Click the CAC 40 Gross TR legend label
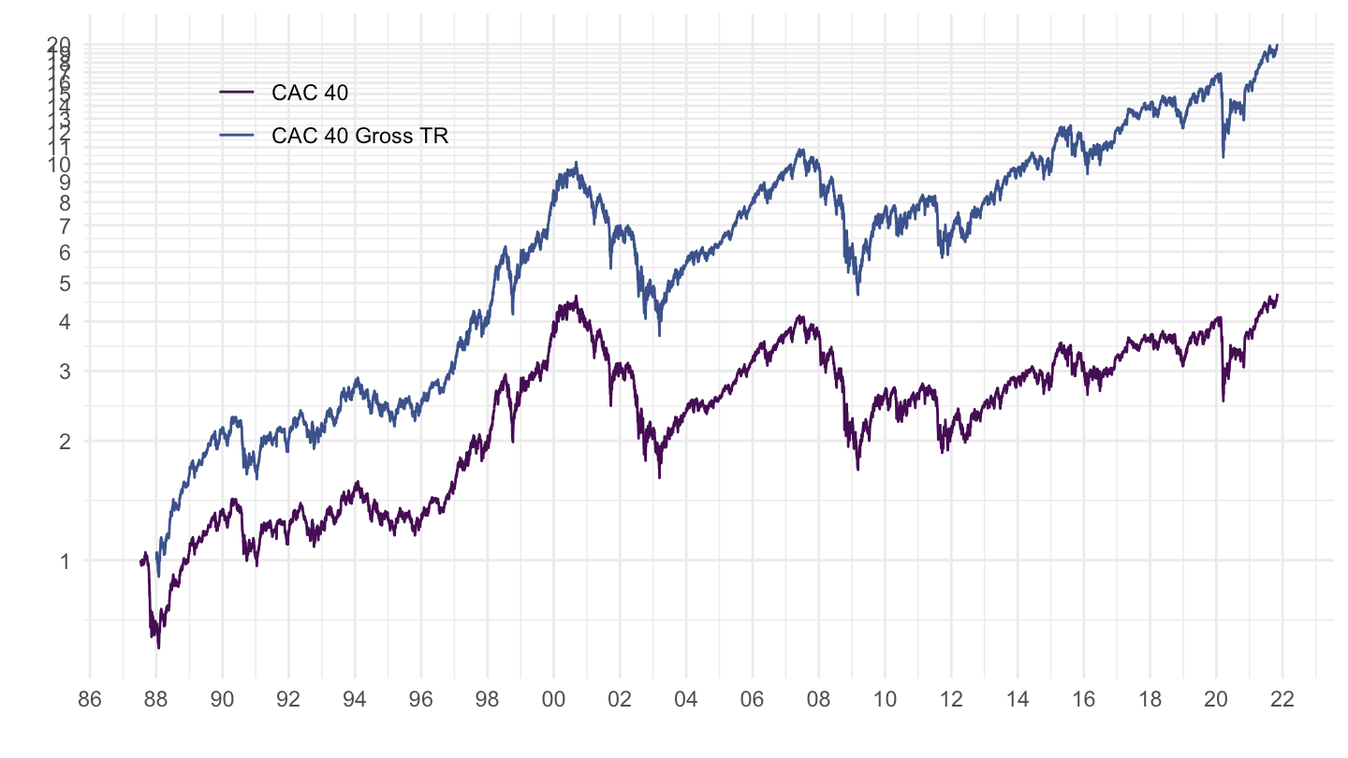point(360,137)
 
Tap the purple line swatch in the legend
point(237,92)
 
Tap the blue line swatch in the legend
point(237,137)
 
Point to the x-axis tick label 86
point(90,699)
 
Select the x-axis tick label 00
point(553,699)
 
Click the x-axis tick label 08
point(818,699)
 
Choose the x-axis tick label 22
point(1282,699)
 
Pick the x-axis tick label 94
point(355,699)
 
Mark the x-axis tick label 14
point(1018,699)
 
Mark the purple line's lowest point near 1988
point(158,648)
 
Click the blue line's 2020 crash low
point(1223,157)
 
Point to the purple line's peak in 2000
point(577,297)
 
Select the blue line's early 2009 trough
point(857,295)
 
